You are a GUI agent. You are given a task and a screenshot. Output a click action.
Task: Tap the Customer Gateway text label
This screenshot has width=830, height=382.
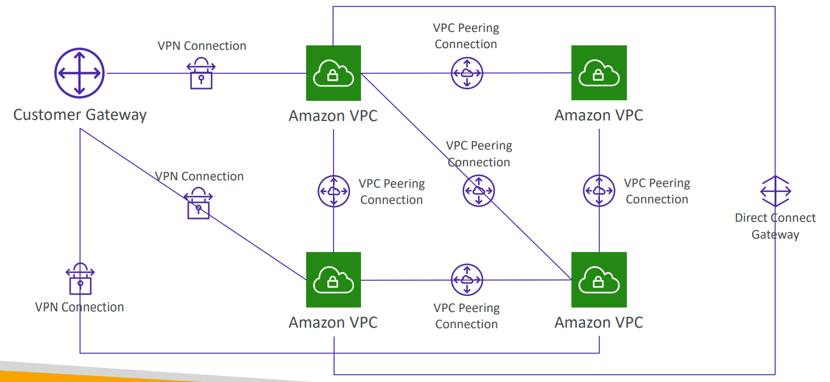click(x=79, y=115)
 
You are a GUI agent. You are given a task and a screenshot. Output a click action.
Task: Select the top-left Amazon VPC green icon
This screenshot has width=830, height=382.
click(x=334, y=73)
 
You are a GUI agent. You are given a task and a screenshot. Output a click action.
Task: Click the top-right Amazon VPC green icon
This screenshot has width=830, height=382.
click(x=599, y=73)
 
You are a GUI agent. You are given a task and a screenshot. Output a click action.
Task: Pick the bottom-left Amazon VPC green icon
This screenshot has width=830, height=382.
click(x=334, y=279)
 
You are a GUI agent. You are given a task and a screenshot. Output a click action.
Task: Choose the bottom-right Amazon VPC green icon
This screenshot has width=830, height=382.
click(x=599, y=279)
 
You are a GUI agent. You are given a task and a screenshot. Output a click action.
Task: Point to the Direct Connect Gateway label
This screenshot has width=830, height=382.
click(x=775, y=226)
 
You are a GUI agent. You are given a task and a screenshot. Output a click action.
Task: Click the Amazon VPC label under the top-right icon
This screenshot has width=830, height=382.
click(x=599, y=115)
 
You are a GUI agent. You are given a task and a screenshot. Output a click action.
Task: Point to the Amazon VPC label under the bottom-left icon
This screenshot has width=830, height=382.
click(x=333, y=322)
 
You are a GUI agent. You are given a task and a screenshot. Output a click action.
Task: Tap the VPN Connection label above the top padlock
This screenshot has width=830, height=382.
click(x=202, y=45)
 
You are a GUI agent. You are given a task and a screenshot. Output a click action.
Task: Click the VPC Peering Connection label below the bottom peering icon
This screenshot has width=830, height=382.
click(x=467, y=316)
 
